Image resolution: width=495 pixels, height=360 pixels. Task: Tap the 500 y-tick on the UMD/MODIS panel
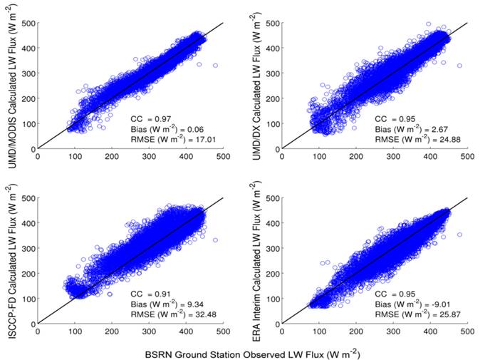point(28,23)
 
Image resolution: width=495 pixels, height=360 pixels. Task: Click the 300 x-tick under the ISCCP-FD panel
point(149,330)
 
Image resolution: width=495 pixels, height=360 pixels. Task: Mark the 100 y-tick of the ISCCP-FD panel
point(28,297)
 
